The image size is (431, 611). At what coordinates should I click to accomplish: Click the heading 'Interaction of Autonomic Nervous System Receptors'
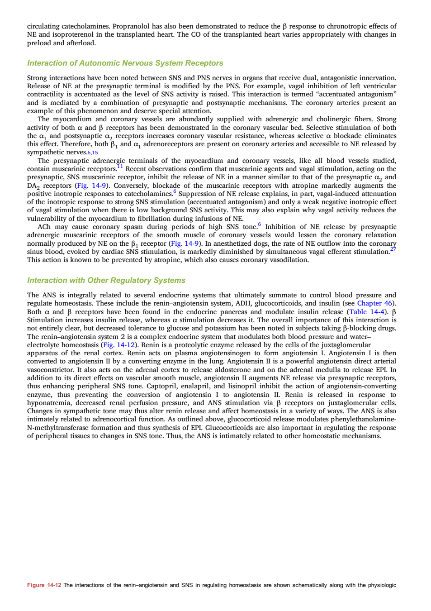[125, 63]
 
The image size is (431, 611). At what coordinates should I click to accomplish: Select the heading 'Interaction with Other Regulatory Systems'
[106, 281]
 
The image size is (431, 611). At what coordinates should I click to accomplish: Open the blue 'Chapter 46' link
[374, 303]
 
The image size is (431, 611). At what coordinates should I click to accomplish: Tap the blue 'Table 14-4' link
[367, 312]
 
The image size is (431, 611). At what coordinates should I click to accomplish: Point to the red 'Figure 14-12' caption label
[44, 585]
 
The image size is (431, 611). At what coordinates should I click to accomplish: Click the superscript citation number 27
[393, 249]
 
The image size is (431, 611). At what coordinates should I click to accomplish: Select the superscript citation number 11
[120, 166]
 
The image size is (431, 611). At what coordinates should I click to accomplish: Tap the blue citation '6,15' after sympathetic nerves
[92, 153]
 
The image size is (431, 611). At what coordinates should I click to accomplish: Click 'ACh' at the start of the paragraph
[44, 227]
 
